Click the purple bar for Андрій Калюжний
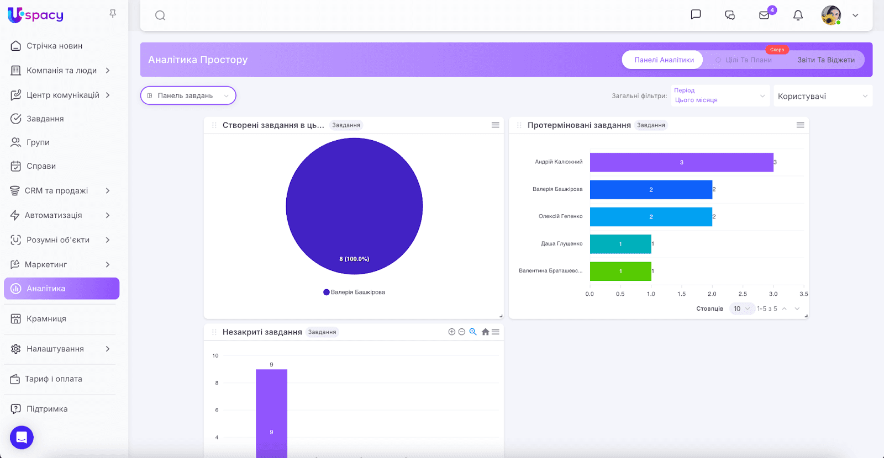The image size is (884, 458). [x=681, y=162]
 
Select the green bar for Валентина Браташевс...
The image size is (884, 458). [x=620, y=271]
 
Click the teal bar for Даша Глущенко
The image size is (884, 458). [x=620, y=244]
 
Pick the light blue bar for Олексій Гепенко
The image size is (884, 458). [x=651, y=217]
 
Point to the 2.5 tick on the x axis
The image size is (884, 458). [x=743, y=294]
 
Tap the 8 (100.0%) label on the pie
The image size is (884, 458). [x=354, y=259]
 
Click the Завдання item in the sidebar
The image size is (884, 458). [x=45, y=119]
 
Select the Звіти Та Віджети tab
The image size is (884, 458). [x=825, y=60]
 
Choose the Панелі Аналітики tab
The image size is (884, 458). [x=664, y=60]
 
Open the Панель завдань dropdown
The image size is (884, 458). [x=188, y=95]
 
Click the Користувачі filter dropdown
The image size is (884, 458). [x=822, y=96]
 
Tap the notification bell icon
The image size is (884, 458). [x=798, y=15]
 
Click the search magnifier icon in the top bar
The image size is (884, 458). [x=160, y=15]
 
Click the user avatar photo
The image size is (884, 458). [x=830, y=15]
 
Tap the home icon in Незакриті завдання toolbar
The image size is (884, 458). [x=485, y=332]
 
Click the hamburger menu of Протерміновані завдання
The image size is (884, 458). [x=800, y=125]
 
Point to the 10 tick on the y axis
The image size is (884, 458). [x=215, y=356]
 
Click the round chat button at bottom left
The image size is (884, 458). [x=22, y=438]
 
